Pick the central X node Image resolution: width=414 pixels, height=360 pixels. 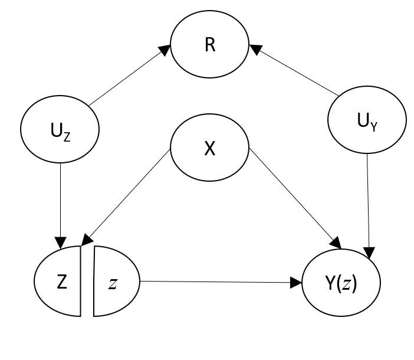pyautogui.click(x=209, y=149)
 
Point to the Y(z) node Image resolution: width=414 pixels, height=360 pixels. pyautogui.click(x=341, y=282)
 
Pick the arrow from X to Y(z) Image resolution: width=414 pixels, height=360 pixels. pyautogui.click(x=295, y=197)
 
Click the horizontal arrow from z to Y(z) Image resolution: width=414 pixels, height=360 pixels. pyautogui.click(x=218, y=282)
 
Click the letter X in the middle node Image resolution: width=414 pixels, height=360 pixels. pyautogui.click(x=209, y=149)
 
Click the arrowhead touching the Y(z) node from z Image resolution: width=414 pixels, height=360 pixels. pyautogui.click(x=297, y=282)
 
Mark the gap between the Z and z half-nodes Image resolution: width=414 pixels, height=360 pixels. pyautogui.click(x=87, y=282)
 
